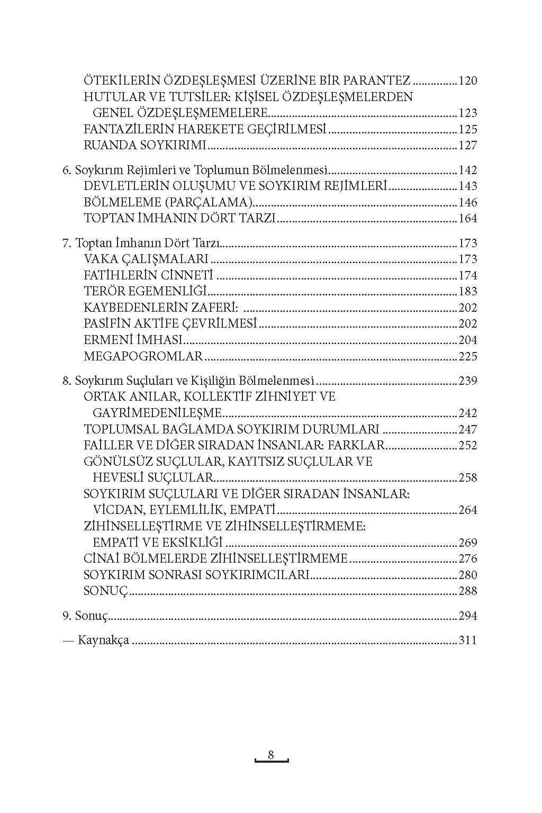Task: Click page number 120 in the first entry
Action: pyautogui.click(x=468, y=81)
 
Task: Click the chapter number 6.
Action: pyautogui.click(x=66, y=170)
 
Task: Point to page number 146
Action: pyautogui.click(x=468, y=203)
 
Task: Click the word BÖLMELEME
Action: pyautogui.click(x=114, y=203)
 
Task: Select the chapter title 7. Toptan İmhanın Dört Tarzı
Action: pyautogui.click(x=141, y=243)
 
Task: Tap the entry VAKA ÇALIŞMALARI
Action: pyautogui.click(x=146, y=259)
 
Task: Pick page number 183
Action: pyautogui.click(x=468, y=292)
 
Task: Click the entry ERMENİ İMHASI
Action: pyautogui.click(x=133, y=340)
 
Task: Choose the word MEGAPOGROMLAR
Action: pyautogui.click(x=143, y=357)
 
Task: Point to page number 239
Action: pyautogui.click(x=468, y=381)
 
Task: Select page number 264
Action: pyautogui.click(x=468, y=510)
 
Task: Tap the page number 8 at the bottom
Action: pyautogui.click(x=271, y=755)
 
